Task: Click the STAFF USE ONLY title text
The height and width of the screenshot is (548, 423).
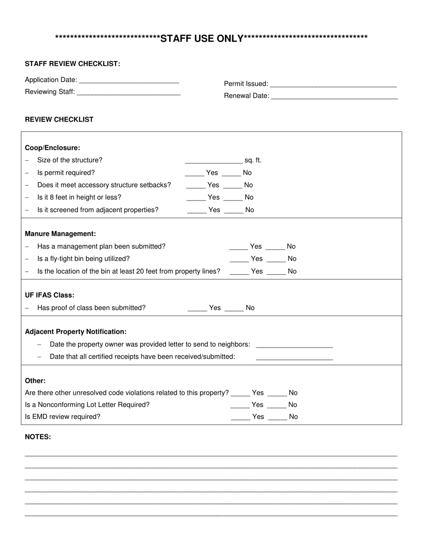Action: click(202, 39)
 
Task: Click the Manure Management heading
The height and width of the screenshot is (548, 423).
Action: click(60, 234)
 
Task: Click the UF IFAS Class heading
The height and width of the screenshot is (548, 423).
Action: click(49, 295)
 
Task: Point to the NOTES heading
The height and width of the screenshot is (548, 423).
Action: click(38, 437)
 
